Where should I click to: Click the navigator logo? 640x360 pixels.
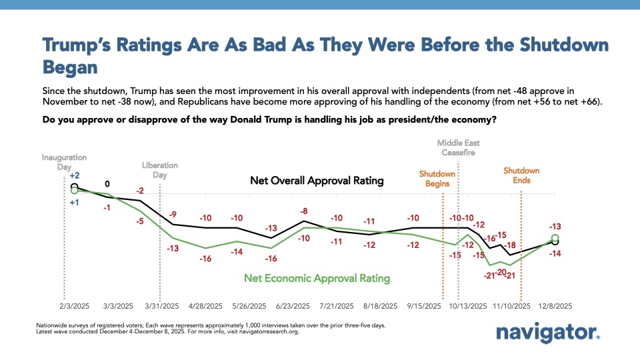(548, 333)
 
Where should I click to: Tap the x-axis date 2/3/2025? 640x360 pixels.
(73, 306)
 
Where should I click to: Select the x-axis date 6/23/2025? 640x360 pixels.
(292, 306)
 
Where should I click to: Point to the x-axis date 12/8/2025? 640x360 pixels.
(555, 306)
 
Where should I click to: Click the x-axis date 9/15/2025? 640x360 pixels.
(424, 306)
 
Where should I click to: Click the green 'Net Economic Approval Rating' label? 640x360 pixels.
(317, 278)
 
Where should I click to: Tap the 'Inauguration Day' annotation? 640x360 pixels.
(65, 162)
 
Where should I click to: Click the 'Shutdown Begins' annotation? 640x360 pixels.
(437, 179)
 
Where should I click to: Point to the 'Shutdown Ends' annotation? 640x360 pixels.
(521, 175)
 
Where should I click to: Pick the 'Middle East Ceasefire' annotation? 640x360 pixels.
(458, 147)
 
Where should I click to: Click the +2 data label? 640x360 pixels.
(75, 175)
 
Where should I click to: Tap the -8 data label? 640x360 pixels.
(304, 211)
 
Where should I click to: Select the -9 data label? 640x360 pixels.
(173, 214)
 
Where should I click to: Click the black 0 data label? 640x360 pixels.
(107, 184)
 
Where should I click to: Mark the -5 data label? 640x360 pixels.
(140, 221)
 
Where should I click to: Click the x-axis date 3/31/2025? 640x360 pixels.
(161, 306)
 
